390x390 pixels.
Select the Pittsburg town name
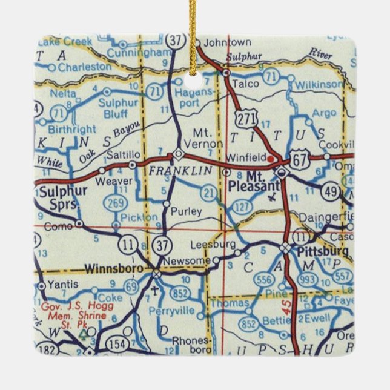point(323,250)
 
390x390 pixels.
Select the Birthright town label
point(71,128)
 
